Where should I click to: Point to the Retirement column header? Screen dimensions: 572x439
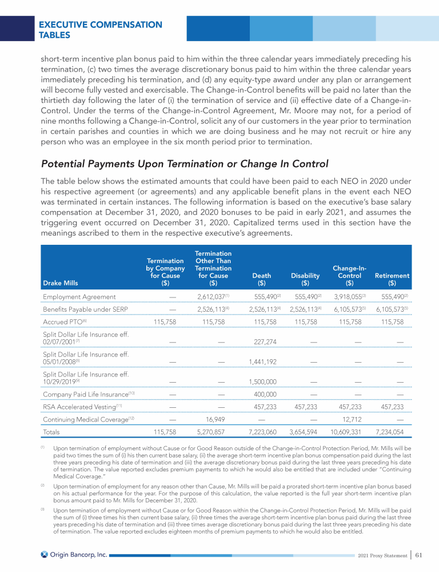tap(392, 279)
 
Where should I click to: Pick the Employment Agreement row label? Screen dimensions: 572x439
tap(79, 297)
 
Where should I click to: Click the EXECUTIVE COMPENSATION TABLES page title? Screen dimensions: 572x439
tap(100, 30)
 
